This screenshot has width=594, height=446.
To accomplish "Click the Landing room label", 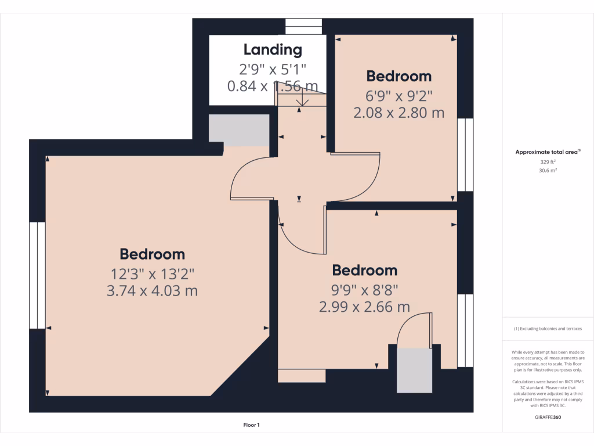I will (273, 50).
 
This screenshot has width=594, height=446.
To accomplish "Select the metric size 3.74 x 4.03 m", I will (153, 290).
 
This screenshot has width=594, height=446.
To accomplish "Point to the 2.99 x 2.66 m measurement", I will (364, 307).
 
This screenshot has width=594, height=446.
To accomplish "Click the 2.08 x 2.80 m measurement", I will (399, 113).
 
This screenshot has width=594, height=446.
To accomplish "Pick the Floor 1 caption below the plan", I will (251, 425).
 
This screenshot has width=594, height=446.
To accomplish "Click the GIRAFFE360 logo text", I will (548, 417).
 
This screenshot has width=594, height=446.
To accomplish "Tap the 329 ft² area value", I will (548, 162).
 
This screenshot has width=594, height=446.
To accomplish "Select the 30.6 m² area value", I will (548, 171).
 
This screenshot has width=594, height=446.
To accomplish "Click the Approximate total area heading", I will (548, 152).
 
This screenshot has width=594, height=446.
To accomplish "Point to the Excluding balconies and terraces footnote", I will (548, 329).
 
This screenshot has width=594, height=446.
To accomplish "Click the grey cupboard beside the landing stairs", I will (238, 130).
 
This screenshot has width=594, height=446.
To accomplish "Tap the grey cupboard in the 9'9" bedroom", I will (414, 370).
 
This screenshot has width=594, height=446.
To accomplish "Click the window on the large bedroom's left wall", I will (37, 275).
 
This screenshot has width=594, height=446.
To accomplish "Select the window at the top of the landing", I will (303, 27).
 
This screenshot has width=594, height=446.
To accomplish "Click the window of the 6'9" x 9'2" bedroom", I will (465, 155).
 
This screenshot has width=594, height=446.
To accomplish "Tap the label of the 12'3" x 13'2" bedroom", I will (153, 254).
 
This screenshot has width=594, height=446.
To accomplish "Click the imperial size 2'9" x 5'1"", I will (273, 69).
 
